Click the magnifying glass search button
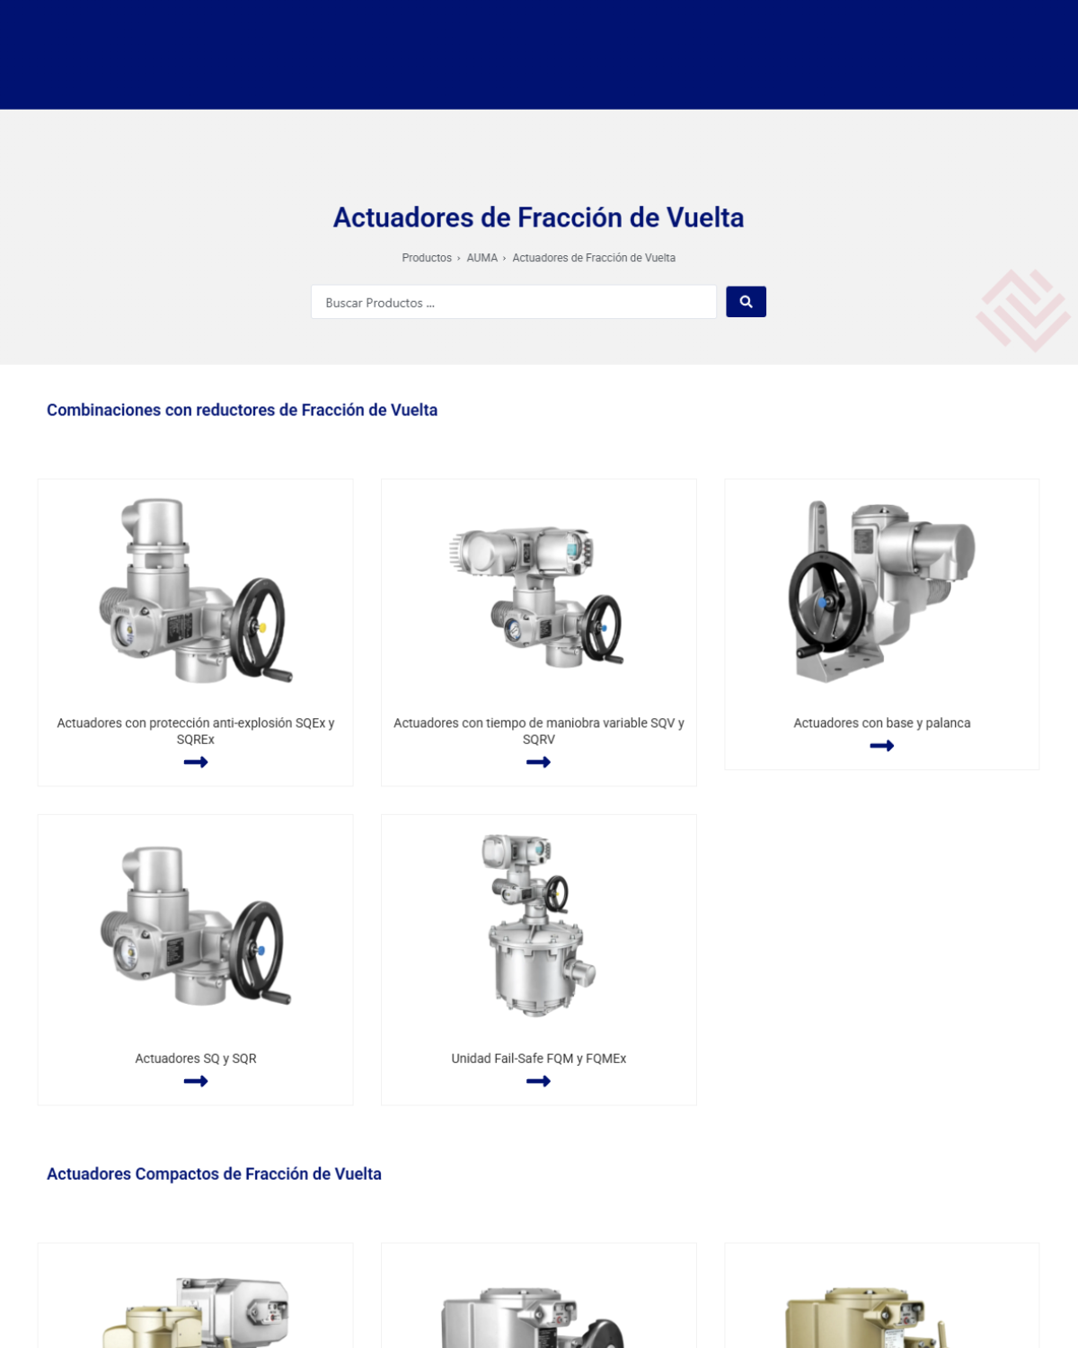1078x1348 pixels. (746, 302)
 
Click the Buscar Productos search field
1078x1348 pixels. (514, 302)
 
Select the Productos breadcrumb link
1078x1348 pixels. (427, 258)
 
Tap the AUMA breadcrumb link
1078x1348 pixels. (482, 258)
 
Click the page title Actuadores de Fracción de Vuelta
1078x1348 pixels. (539, 217)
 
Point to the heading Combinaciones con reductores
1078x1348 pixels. (242, 410)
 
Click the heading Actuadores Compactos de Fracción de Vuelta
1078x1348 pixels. (214, 1174)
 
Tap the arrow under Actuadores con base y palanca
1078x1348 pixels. (881, 745)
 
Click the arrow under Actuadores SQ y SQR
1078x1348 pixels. (196, 1080)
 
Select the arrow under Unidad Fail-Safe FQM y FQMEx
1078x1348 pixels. (538, 1080)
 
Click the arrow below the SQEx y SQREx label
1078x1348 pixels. (196, 762)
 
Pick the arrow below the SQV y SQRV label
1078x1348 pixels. (538, 762)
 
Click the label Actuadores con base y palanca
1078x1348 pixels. (882, 723)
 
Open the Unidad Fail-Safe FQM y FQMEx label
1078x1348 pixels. (539, 1058)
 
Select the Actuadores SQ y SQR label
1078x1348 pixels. (196, 1058)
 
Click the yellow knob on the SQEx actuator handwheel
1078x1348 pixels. (262, 627)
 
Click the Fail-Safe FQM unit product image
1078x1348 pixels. (539, 925)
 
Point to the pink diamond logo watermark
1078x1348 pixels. (1022, 311)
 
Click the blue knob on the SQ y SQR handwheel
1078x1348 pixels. (261, 950)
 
